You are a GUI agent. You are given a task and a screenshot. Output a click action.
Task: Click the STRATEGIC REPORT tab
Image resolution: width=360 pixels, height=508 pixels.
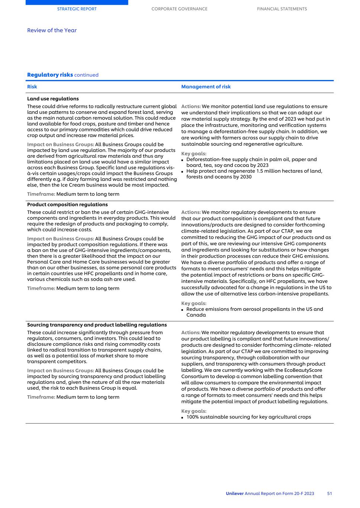coord(77,9)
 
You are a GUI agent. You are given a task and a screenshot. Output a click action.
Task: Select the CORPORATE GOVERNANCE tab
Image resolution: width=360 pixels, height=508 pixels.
coord(179,9)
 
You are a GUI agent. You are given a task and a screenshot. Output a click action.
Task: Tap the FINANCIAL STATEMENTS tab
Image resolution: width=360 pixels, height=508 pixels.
coord(282,9)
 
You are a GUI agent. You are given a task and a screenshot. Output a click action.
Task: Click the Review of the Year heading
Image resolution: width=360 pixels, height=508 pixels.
coord(52,31)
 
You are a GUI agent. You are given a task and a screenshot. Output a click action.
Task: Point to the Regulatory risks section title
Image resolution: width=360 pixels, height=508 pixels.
coord(50,75)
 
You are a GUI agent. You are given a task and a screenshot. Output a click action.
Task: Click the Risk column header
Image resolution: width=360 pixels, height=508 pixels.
coord(32,87)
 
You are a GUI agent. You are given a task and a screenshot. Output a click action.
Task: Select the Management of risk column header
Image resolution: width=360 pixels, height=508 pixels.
coord(206,87)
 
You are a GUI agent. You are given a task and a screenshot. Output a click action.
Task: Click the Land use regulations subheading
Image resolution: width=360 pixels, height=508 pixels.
coord(53,99)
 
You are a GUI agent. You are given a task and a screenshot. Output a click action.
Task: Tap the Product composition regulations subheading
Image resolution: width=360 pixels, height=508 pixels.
coord(67,205)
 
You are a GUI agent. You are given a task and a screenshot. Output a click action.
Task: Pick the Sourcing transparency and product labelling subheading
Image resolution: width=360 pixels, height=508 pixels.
coord(97,325)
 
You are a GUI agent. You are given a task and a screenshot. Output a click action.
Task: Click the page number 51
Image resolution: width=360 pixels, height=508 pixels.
coord(330,493)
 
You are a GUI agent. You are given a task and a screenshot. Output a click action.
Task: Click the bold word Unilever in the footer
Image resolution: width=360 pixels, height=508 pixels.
coord(234,493)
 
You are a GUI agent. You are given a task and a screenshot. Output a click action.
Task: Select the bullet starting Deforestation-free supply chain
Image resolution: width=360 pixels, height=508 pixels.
coord(251,162)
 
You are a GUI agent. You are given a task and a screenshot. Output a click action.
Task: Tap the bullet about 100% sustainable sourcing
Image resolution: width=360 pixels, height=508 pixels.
coord(248,417)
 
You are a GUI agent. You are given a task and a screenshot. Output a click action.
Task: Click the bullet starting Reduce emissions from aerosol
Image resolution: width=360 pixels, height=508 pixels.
coord(254,312)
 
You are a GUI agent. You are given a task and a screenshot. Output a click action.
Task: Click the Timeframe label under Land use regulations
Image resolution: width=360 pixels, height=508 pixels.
coord(41,194)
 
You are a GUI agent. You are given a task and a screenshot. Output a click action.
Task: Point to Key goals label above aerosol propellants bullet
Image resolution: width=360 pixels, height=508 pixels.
coord(193,303)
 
